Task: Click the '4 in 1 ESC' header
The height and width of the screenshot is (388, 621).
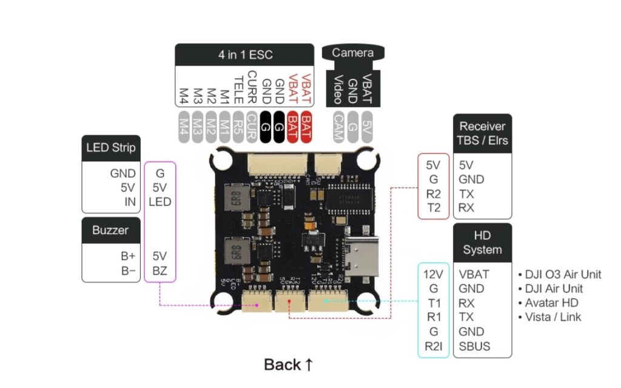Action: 245,55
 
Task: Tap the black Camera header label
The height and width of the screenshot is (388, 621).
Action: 352,53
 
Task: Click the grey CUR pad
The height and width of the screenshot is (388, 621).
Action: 252,127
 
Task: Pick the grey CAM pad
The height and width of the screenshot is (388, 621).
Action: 339,127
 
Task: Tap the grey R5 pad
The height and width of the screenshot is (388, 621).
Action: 238,127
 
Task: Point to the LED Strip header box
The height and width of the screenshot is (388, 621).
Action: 111,147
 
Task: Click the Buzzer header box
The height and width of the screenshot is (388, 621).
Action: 111,230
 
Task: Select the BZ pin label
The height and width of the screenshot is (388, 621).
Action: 160,270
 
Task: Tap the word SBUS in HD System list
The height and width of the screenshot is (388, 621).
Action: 475,346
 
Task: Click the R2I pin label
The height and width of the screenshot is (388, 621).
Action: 434,346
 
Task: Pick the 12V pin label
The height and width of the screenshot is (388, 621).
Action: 434,274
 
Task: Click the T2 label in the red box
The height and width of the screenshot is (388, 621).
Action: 433,208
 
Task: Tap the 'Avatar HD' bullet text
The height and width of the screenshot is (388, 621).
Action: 552,303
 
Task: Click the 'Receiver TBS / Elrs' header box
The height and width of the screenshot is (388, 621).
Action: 482,133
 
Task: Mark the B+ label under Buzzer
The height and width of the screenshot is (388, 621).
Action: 128,256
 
